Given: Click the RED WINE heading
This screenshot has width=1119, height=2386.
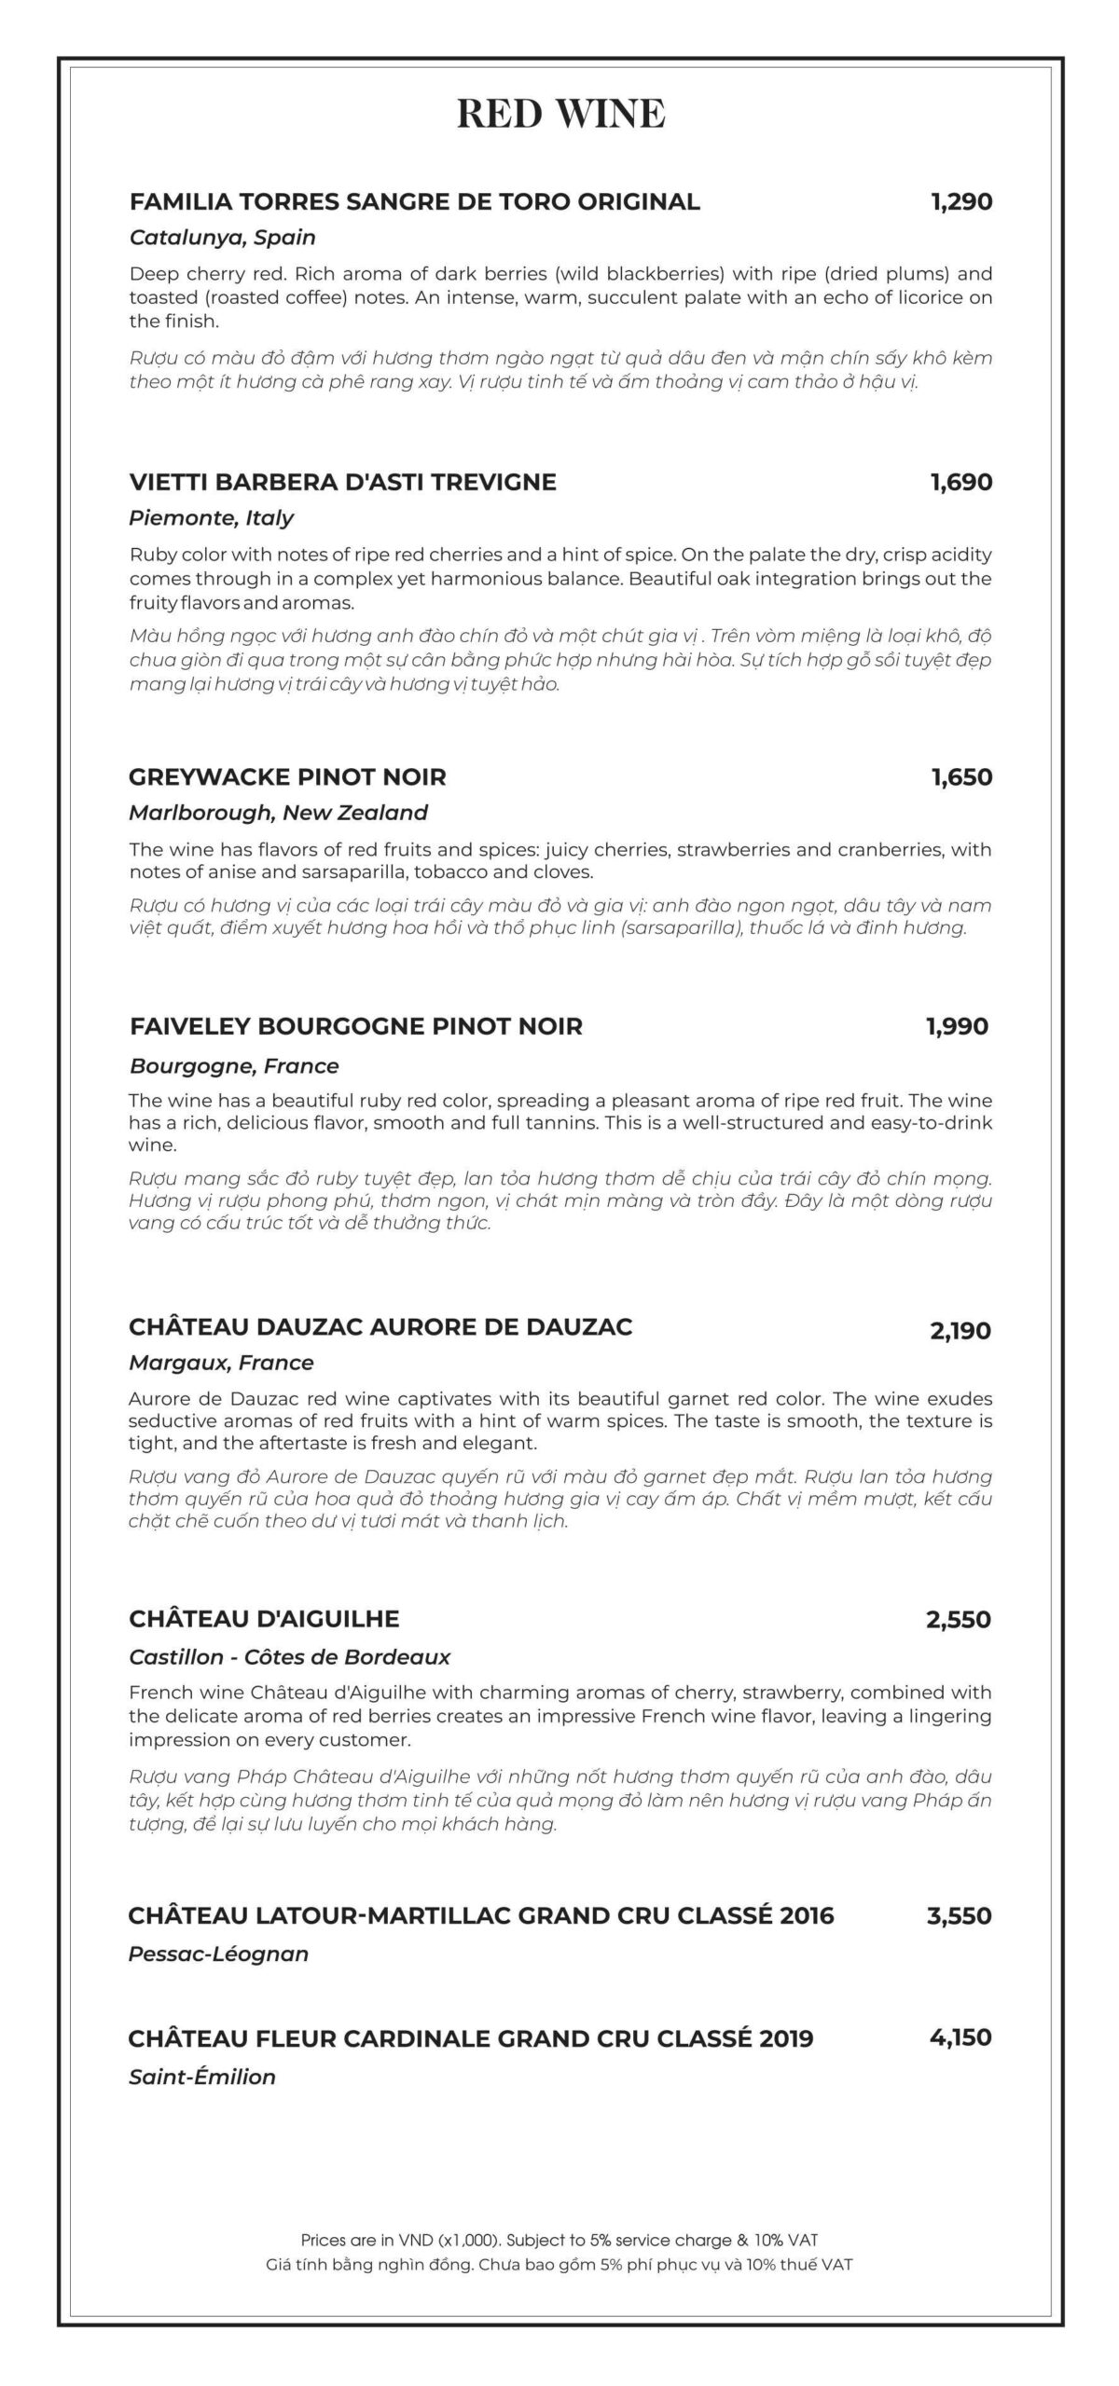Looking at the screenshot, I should pos(560,114).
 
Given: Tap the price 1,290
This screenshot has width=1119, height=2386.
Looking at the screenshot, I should pos(960,201).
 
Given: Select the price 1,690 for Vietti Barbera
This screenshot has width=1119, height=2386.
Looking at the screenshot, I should pos(960,482).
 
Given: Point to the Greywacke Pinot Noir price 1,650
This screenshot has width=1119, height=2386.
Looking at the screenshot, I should pos(960,776).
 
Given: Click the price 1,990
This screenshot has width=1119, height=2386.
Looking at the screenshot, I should pos(957,1026).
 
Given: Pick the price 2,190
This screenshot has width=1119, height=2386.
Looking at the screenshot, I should pos(960,1331).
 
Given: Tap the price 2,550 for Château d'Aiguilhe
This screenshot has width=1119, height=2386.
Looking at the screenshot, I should pos(959,1620).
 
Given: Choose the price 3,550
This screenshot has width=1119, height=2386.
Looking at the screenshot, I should pos(959,1917).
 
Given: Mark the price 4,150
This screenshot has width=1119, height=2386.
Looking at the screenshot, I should pos(960,2037).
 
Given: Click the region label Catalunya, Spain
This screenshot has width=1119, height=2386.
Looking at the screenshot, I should pos(222,238).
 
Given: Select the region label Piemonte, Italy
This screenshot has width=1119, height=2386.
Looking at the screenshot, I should pos(211,518).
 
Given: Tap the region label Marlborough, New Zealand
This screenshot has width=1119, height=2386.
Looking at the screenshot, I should pos(278,813).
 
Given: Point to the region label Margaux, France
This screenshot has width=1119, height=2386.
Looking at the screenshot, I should pos(221,1363).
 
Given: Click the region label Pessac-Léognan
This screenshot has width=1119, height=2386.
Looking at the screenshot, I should pos(218,1954).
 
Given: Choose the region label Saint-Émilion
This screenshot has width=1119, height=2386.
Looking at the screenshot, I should pos(202,2077).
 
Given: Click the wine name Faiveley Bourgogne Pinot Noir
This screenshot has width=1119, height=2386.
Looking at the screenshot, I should pos(356,1026).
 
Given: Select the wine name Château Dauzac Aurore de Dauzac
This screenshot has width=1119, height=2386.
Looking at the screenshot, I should pos(380,1326).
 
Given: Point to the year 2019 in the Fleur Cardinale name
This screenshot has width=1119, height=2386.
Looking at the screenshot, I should pos(786,2038).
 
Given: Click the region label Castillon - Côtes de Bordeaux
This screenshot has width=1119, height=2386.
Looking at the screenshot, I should pos(289,1657).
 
